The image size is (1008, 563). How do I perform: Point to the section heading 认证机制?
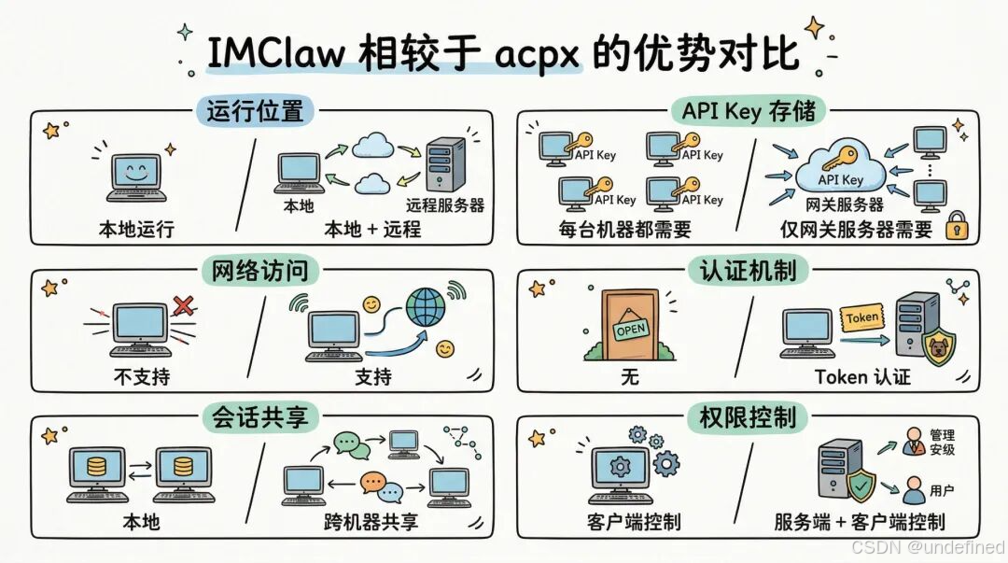point(749,271)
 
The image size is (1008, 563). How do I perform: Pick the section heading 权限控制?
point(749,416)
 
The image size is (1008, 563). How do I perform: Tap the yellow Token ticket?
point(861,317)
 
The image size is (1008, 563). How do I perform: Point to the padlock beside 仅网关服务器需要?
point(956,226)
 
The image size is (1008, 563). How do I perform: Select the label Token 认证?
point(862,377)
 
